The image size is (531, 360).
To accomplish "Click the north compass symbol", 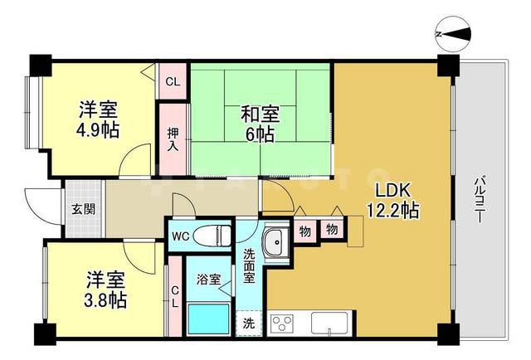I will (454, 33).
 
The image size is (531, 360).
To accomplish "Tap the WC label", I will (180, 236).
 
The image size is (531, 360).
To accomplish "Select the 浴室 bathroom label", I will (209, 280).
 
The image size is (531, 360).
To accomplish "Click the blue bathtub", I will (207, 319).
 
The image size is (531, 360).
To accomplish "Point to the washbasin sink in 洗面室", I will (274, 241).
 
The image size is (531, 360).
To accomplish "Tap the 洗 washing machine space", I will (249, 322).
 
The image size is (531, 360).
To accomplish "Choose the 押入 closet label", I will (173, 138).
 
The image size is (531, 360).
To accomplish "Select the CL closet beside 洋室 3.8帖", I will (175, 296).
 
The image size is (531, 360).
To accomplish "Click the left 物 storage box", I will (304, 231).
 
